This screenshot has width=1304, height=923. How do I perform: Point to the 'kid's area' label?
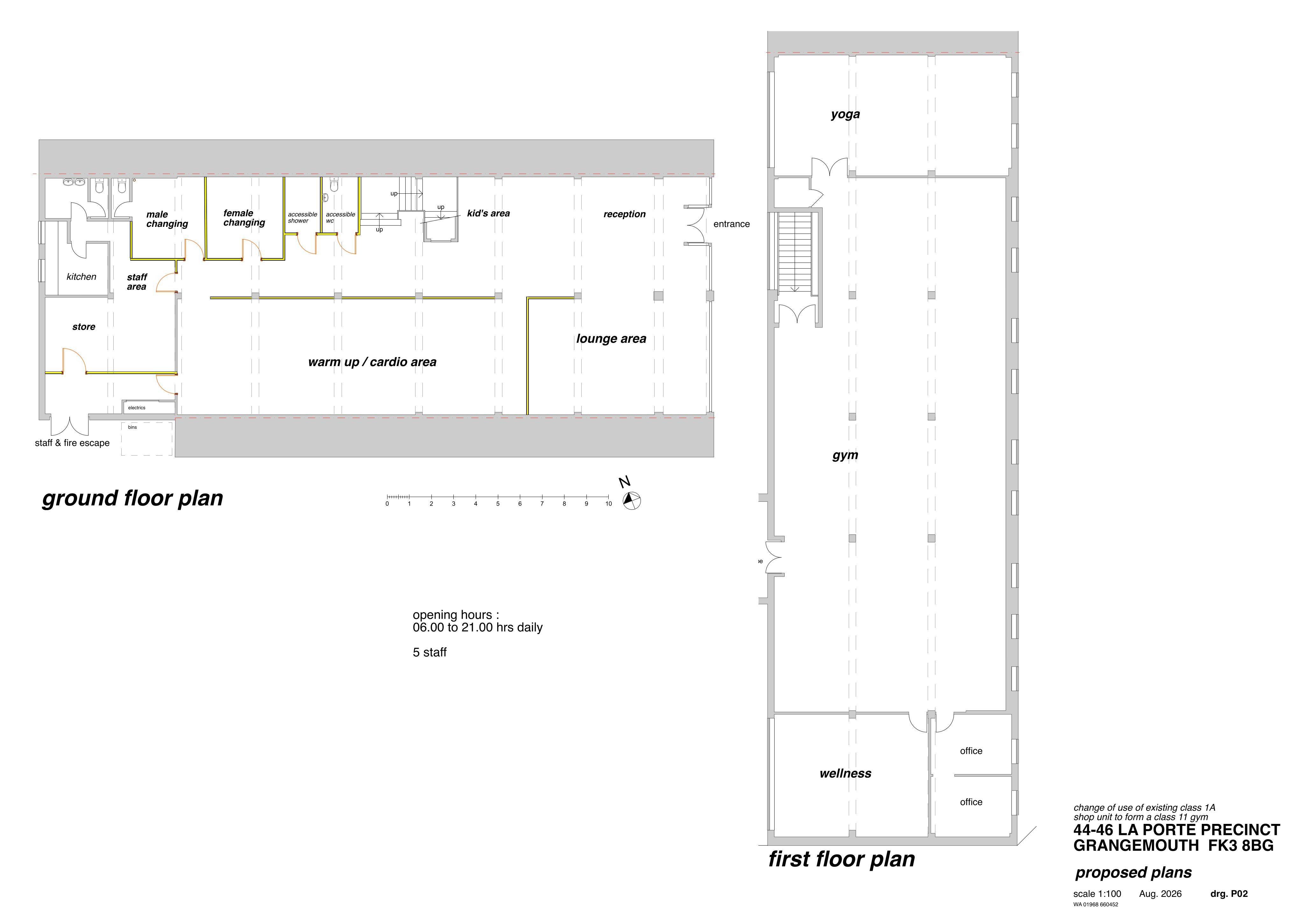488,213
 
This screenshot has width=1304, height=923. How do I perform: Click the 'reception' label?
625,214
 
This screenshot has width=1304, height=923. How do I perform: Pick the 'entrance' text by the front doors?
732,224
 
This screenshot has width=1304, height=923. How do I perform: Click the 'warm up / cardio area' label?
372,362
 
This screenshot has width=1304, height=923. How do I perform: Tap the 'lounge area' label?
611,339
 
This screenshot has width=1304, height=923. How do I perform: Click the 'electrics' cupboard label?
137,407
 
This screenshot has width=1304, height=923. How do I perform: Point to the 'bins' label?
132,427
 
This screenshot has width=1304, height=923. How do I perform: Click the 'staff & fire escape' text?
72,443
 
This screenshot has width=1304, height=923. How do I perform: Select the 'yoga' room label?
845,114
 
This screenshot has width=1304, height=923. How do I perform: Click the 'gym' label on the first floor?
845,455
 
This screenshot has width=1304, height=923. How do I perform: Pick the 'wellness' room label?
845,774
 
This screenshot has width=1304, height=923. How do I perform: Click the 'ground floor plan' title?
132,498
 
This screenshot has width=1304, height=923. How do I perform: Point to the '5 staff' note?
429,653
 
